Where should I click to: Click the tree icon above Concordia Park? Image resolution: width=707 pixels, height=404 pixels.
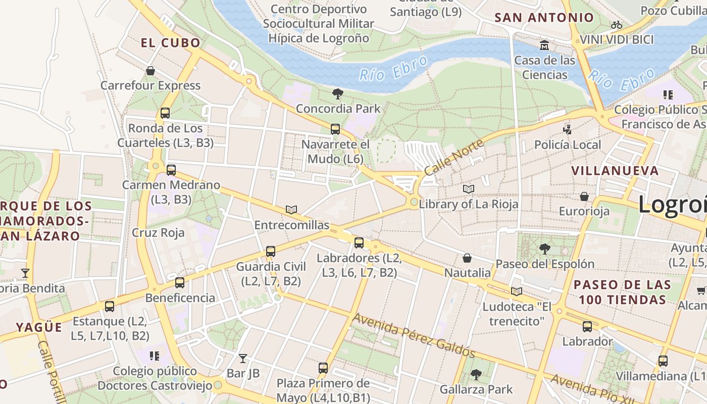337,93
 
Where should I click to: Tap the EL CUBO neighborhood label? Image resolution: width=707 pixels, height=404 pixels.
171,43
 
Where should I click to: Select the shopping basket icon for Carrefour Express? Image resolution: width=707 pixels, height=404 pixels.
150,71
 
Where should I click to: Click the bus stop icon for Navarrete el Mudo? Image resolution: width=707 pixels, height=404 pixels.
335,129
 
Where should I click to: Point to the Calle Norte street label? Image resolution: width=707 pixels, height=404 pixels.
453,157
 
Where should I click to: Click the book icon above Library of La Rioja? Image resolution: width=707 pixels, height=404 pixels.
469,189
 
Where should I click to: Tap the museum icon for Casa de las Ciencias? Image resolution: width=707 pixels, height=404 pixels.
544,45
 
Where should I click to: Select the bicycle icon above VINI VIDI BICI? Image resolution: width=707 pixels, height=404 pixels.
616,25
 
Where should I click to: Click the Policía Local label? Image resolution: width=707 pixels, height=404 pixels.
568,145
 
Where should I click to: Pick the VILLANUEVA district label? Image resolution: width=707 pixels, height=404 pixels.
615,171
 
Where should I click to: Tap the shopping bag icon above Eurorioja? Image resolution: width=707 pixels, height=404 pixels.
584,196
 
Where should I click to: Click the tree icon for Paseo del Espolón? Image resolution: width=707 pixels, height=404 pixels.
544,248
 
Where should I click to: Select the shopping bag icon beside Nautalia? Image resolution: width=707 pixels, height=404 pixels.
467,258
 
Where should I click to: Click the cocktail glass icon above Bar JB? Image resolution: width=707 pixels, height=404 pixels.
243,359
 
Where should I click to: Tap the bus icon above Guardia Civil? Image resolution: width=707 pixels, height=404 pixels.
271,251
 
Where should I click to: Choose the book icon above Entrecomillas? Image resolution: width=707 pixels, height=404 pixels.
291,210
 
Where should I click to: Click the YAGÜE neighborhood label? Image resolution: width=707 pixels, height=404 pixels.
39,327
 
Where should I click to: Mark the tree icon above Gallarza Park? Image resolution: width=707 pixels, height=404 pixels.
476,374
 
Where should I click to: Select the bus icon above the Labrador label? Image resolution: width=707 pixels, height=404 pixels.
587,326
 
